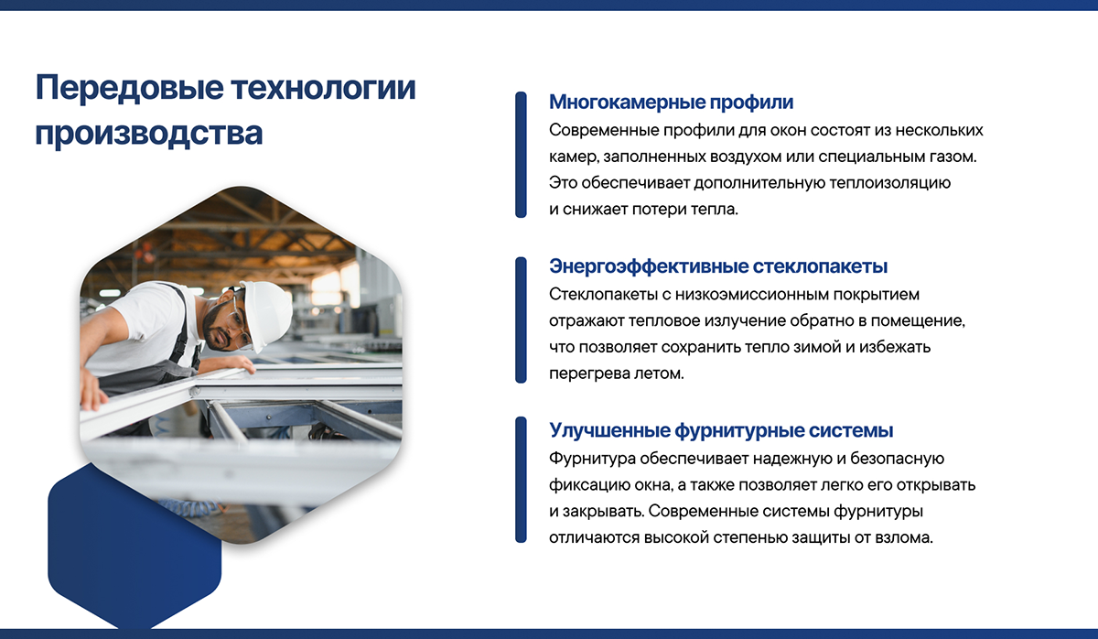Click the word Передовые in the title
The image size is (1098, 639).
coord(129,88)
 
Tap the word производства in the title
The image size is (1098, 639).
coord(149,133)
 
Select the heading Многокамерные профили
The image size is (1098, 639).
coord(671,102)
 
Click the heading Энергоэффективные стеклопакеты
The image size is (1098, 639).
coord(718,266)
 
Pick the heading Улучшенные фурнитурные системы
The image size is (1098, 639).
coord(721,430)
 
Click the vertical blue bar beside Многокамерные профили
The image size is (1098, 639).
coord(521,155)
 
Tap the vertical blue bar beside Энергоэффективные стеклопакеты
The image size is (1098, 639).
coord(521,319)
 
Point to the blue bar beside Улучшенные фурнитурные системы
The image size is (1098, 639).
coord(521,480)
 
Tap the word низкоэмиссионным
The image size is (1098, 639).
coord(752,294)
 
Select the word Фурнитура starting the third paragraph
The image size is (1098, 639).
coord(592,459)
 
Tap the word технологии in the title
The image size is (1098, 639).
coord(324,88)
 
